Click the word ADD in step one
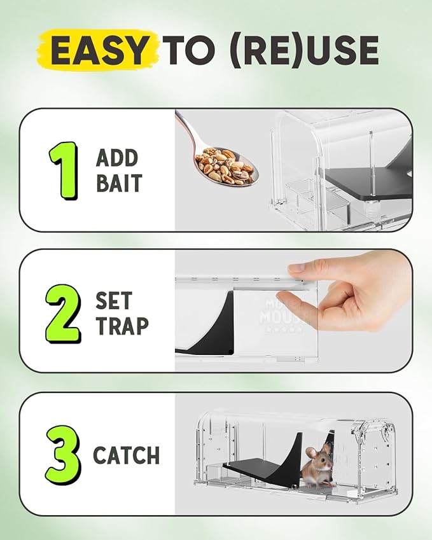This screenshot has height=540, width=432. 118,157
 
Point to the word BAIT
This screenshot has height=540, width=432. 119,184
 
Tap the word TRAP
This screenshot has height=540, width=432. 122,326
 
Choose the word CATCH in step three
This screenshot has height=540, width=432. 126,455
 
